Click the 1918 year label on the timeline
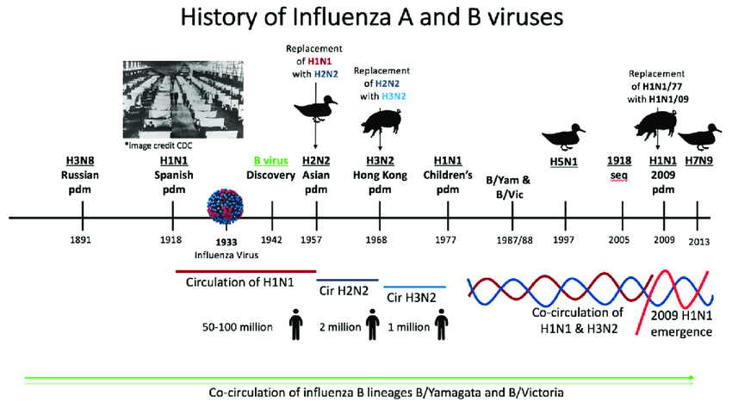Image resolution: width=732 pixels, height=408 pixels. [x=171, y=239]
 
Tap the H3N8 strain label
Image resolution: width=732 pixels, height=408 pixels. [x=80, y=161]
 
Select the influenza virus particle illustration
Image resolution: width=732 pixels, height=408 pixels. [x=226, y=207]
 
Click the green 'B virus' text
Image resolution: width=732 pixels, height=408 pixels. [x=270, y=161]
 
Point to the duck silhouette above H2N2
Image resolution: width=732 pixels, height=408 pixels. [x=315, y=108]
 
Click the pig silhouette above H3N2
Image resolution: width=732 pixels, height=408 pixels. [x=382, y=122]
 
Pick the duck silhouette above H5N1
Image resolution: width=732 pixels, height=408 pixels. [x=563, y=137]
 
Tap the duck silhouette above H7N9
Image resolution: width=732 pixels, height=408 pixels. [x=699, y=137]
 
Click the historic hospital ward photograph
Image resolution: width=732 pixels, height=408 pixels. [x=183, y=100]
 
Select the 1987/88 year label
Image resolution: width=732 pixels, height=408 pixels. [x=514, y=240]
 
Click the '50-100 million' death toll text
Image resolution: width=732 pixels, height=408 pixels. [x=237, y=327]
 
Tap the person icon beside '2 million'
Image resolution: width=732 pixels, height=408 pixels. [x=373, y=324]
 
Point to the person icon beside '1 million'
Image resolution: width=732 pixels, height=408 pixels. [x=441, y=324]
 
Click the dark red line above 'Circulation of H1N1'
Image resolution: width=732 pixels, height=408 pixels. [x=246, y=271]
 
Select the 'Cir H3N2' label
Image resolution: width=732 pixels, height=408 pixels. [x=412, y=298]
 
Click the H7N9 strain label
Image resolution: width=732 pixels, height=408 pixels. [x=699, y=161]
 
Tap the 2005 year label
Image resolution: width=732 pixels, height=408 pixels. [x=618, y=239]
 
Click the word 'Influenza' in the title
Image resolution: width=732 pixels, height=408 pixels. [x=343, y=17]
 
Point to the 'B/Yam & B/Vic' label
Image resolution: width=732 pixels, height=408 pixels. [x=508, y=187]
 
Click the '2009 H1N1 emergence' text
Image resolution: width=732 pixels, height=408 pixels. [x=681, y=324]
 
